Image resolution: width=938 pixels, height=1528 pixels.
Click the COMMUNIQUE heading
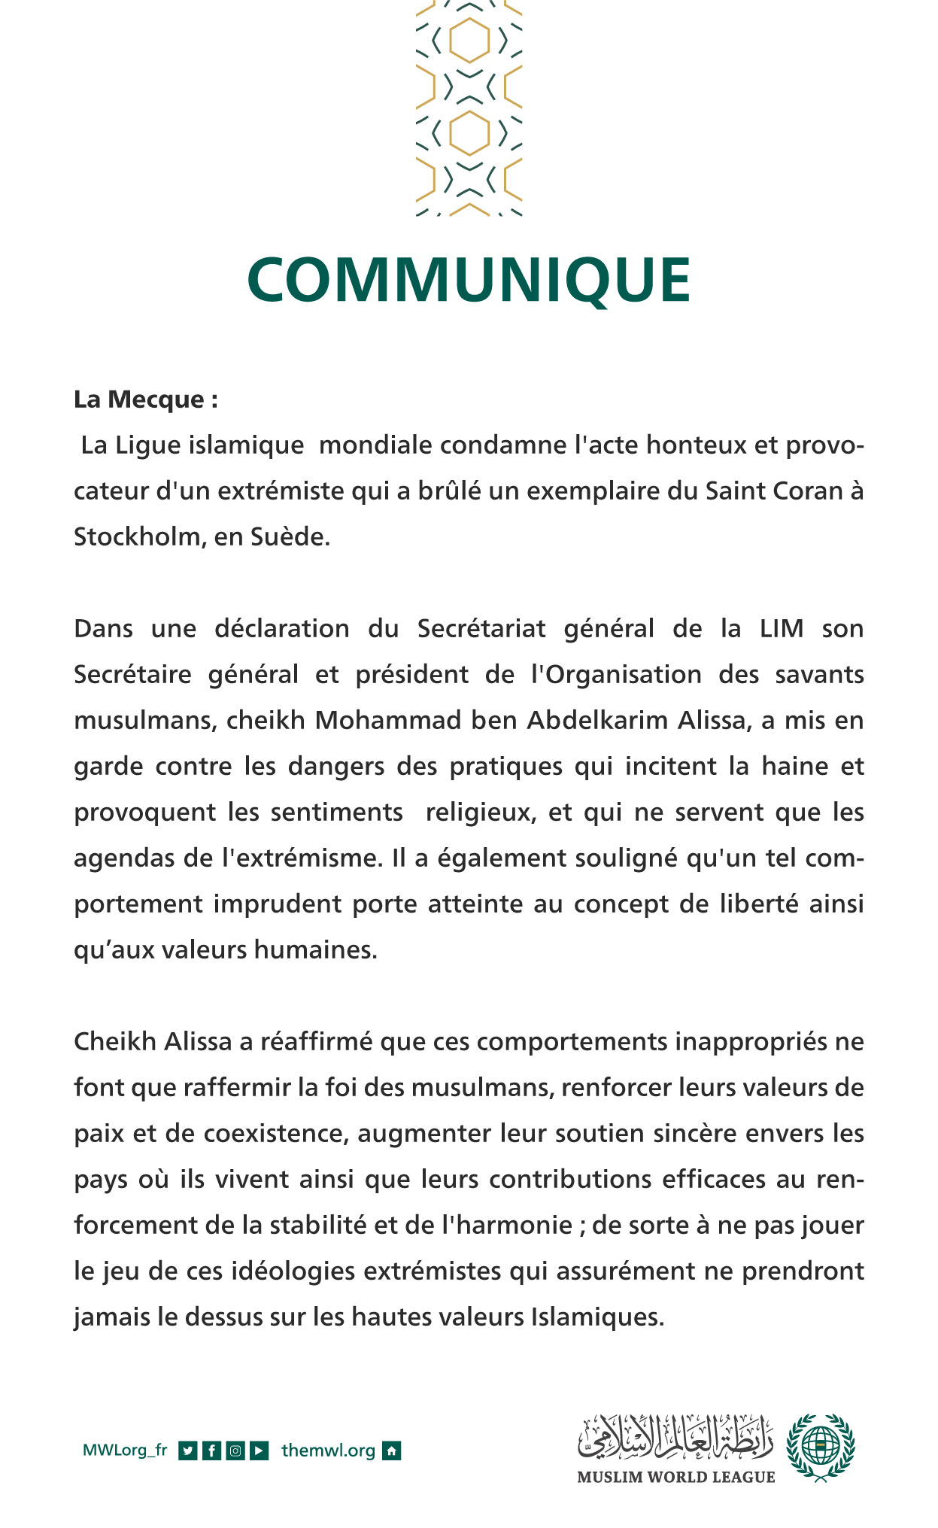[x=469, y=279]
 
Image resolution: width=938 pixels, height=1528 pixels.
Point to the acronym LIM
[x=781, y=628]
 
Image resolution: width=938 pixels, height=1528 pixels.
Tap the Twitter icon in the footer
[x=188, y=1451]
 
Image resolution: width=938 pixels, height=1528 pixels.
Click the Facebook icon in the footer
[x=212, y=1451]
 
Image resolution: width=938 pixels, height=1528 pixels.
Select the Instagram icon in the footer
[x=235, y=1451]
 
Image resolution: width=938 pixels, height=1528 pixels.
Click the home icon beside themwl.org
[x=392, y=1451]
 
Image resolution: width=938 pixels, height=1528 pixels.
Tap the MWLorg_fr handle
[x=125, y=1450]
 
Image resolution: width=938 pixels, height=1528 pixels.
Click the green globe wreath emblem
[x=820, y=1447]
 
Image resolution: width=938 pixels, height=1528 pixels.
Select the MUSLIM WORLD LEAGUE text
[x=675, y=1477]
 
